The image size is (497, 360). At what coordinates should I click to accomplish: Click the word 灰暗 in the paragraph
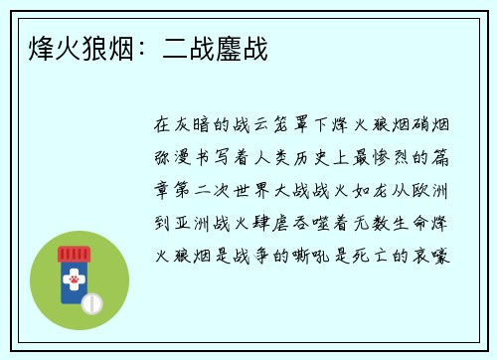(188, 126)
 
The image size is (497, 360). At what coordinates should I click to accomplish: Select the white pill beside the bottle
(91, 300)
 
